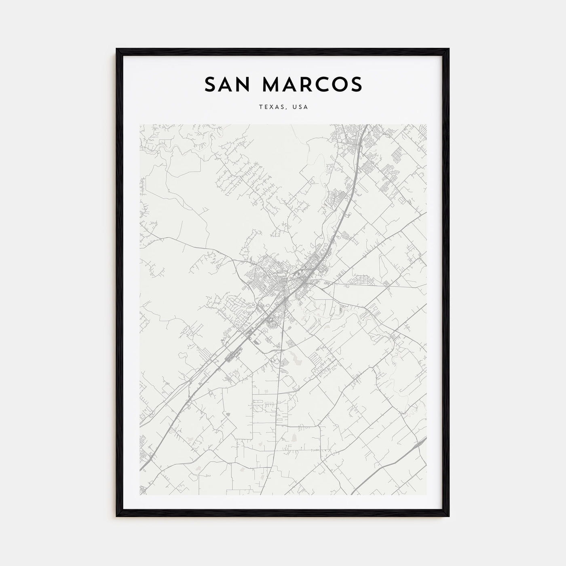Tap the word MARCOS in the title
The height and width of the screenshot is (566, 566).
point(312,84)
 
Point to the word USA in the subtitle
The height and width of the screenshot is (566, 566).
point(301,107)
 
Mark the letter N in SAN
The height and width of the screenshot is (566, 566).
point(245,84)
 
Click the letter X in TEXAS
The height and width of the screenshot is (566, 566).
point(274,107)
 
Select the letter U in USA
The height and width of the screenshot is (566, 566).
point(296,107)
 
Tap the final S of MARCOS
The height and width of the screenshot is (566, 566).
point(356,84)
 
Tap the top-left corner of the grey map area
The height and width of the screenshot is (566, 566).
point(140,125)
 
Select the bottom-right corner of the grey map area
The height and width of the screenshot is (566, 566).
point(426,495)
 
